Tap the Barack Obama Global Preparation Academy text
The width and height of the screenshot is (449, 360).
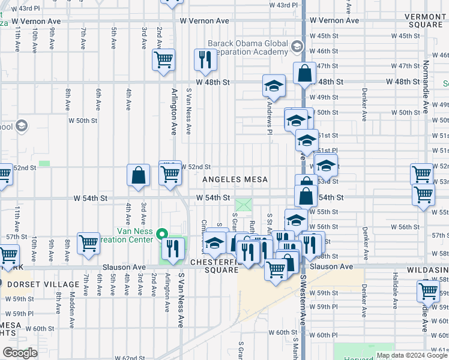pyautogui.click(x=248, y=47)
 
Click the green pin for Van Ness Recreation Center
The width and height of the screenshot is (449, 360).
pyautogui.click(x=161, y=234)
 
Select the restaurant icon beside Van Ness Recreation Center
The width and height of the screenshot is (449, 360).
pyautogui.click(x=173, y=248)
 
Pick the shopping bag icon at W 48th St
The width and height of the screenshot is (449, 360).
pyautogui.click(x=305, y=73)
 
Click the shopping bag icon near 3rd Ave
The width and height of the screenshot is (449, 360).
pyautogui.click(x=139, y=176)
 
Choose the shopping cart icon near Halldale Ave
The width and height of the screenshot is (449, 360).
pyautogui.click(x=429, y=292)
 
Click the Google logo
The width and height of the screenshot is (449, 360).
pyautogui.click(x=20, y=353)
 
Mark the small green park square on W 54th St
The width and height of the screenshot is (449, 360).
pyautogui.click(x=244, y=205)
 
